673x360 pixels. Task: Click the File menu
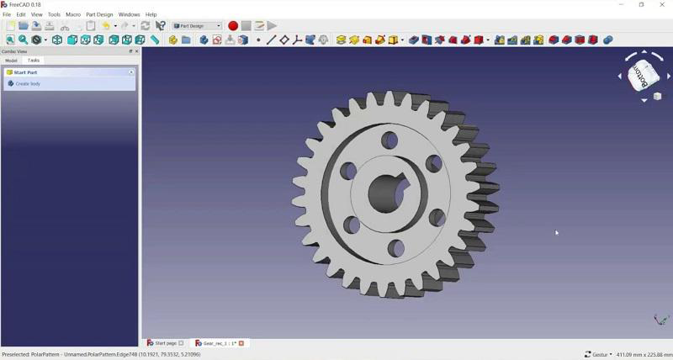(7, 14)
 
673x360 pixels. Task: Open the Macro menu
(73, 14)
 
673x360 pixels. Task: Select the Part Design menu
(99, 14)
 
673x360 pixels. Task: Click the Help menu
(151, 14)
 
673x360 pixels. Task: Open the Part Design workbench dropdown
(197, 26)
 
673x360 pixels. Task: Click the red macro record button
(233, 26)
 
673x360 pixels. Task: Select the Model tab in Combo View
(12, 61)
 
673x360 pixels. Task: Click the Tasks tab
(34, 61)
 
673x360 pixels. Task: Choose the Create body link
(29, 84)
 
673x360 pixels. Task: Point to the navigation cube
(644, 76)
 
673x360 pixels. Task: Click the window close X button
(662, 5)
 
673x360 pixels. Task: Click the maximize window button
(642, 5)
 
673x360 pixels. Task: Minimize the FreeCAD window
(622, 5)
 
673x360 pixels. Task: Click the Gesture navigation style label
(598, 355)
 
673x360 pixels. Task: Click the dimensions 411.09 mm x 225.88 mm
(644, 355)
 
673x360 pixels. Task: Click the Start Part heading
(26, 72)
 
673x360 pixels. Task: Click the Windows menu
(130, 14)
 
